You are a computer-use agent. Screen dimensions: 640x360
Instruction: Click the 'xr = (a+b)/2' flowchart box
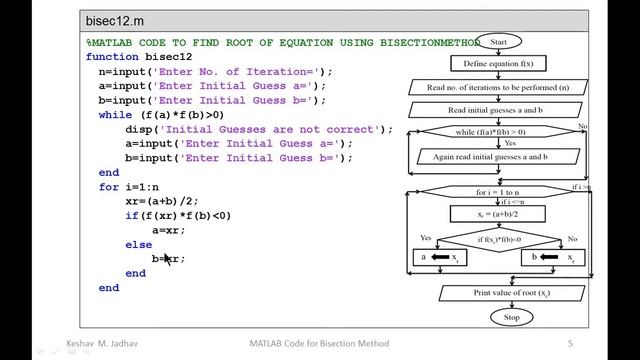point(497,213)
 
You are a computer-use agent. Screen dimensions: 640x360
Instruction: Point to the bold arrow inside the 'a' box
point(440,257)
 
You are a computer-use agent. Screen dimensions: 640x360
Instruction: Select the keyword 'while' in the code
point(115,115)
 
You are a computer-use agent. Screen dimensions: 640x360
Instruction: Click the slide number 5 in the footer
point(570,344)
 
